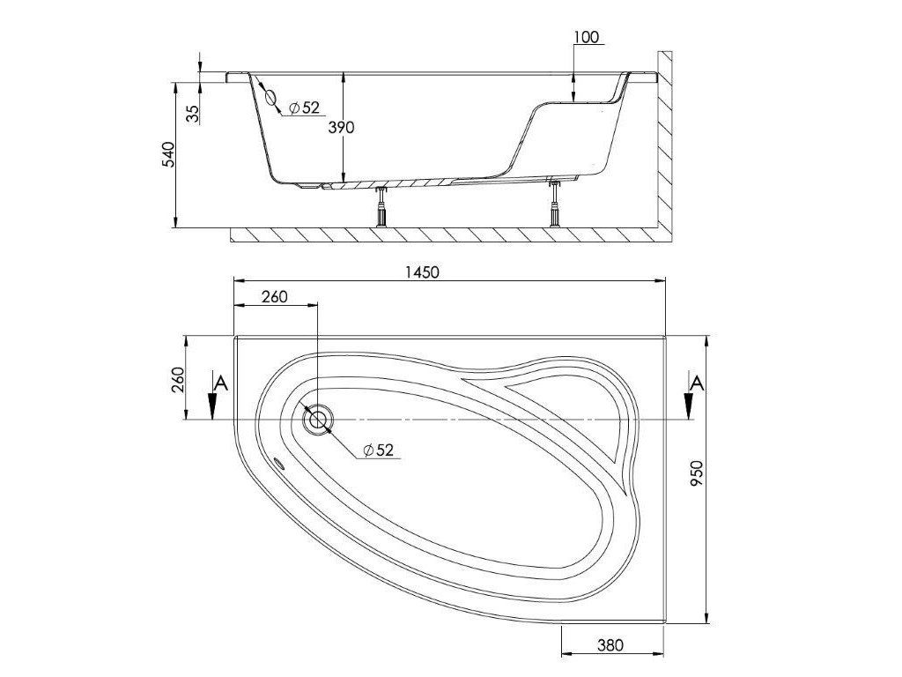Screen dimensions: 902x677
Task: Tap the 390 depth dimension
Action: pos(341,128)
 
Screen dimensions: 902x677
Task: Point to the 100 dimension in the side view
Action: pos(585,37)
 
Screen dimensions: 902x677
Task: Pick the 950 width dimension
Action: pos(720,478)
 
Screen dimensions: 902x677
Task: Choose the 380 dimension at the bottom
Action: pos(609,645)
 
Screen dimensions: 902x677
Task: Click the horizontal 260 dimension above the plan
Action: pos(274,297)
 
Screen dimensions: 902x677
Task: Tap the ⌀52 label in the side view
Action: pos(303,108)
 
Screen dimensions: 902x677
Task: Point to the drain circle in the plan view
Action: pos(317,420)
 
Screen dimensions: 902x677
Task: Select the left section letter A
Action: pos(220,383)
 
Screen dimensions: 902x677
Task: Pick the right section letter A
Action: pos(697,383)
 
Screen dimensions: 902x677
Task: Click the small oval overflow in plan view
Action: pos(280,465)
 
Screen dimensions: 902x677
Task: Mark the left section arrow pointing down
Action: pos(212,406)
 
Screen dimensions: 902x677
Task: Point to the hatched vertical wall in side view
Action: pos(666,141)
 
